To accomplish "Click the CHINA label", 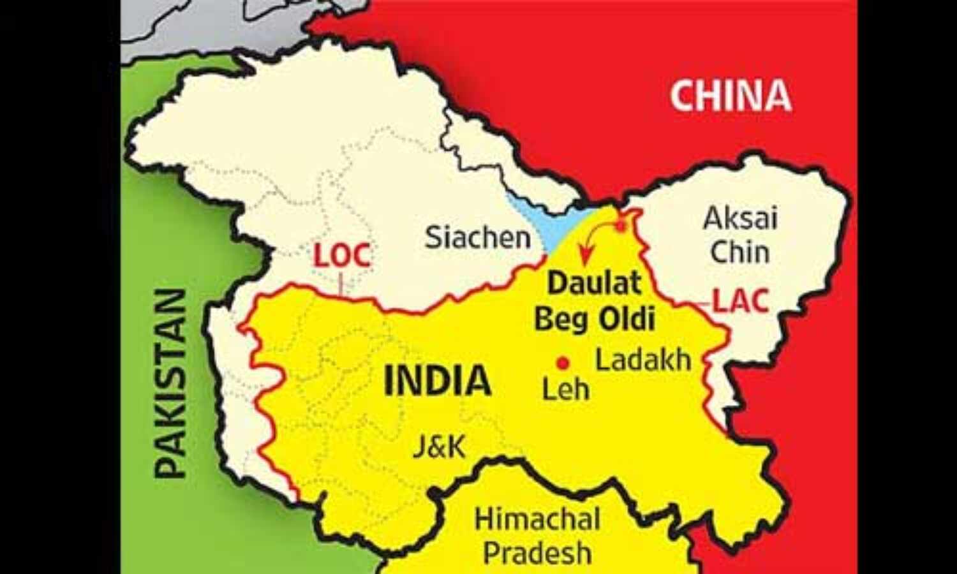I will (x=730, y=96).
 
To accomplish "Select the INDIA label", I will (x=438, y=381).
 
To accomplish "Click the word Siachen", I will (x=478, y=237).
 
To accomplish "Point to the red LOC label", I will (x=342, y=256).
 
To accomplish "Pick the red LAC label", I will (x=740, y=301).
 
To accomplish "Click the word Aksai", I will (x=740, y=219).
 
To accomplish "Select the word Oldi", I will (x=627, y=318).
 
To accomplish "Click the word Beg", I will (x=560, y=319).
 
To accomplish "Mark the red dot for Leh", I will (x=563, y=363).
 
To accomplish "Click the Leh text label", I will (x=565, y=388).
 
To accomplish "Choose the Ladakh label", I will (x=643, y=360).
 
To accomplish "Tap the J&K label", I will (x=439, y=446).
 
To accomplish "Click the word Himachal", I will (x=537, y=519).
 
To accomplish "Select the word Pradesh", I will (x=537, y=552).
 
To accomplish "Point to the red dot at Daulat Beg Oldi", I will (x=621, y=225).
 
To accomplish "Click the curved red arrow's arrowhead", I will (x=582, y=260).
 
